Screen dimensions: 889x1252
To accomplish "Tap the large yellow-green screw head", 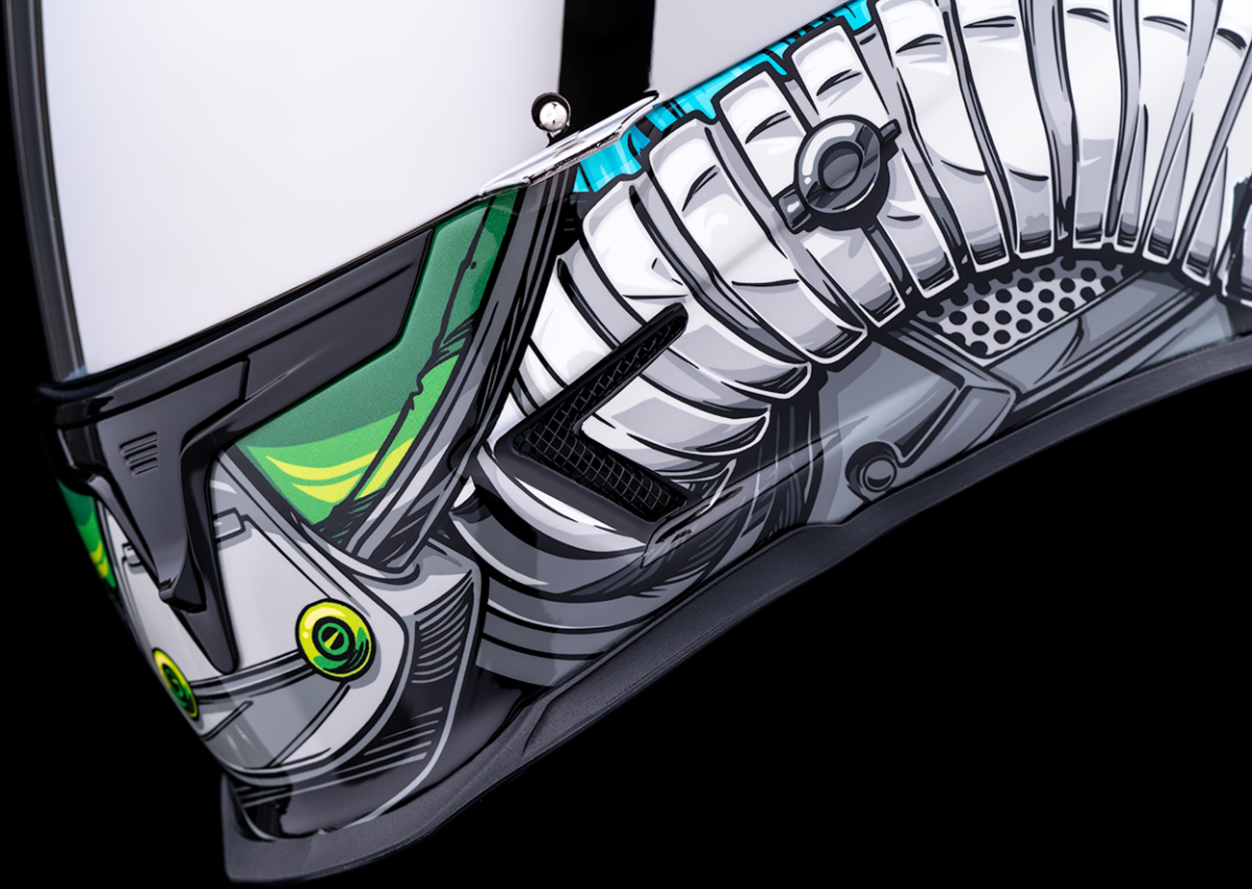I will pos(334,639).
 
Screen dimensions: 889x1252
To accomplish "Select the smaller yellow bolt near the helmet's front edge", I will pos(174,683).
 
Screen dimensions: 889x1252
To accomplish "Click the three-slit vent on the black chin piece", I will pos(142,453).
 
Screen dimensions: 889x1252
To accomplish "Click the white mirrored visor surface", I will pos(289,144).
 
